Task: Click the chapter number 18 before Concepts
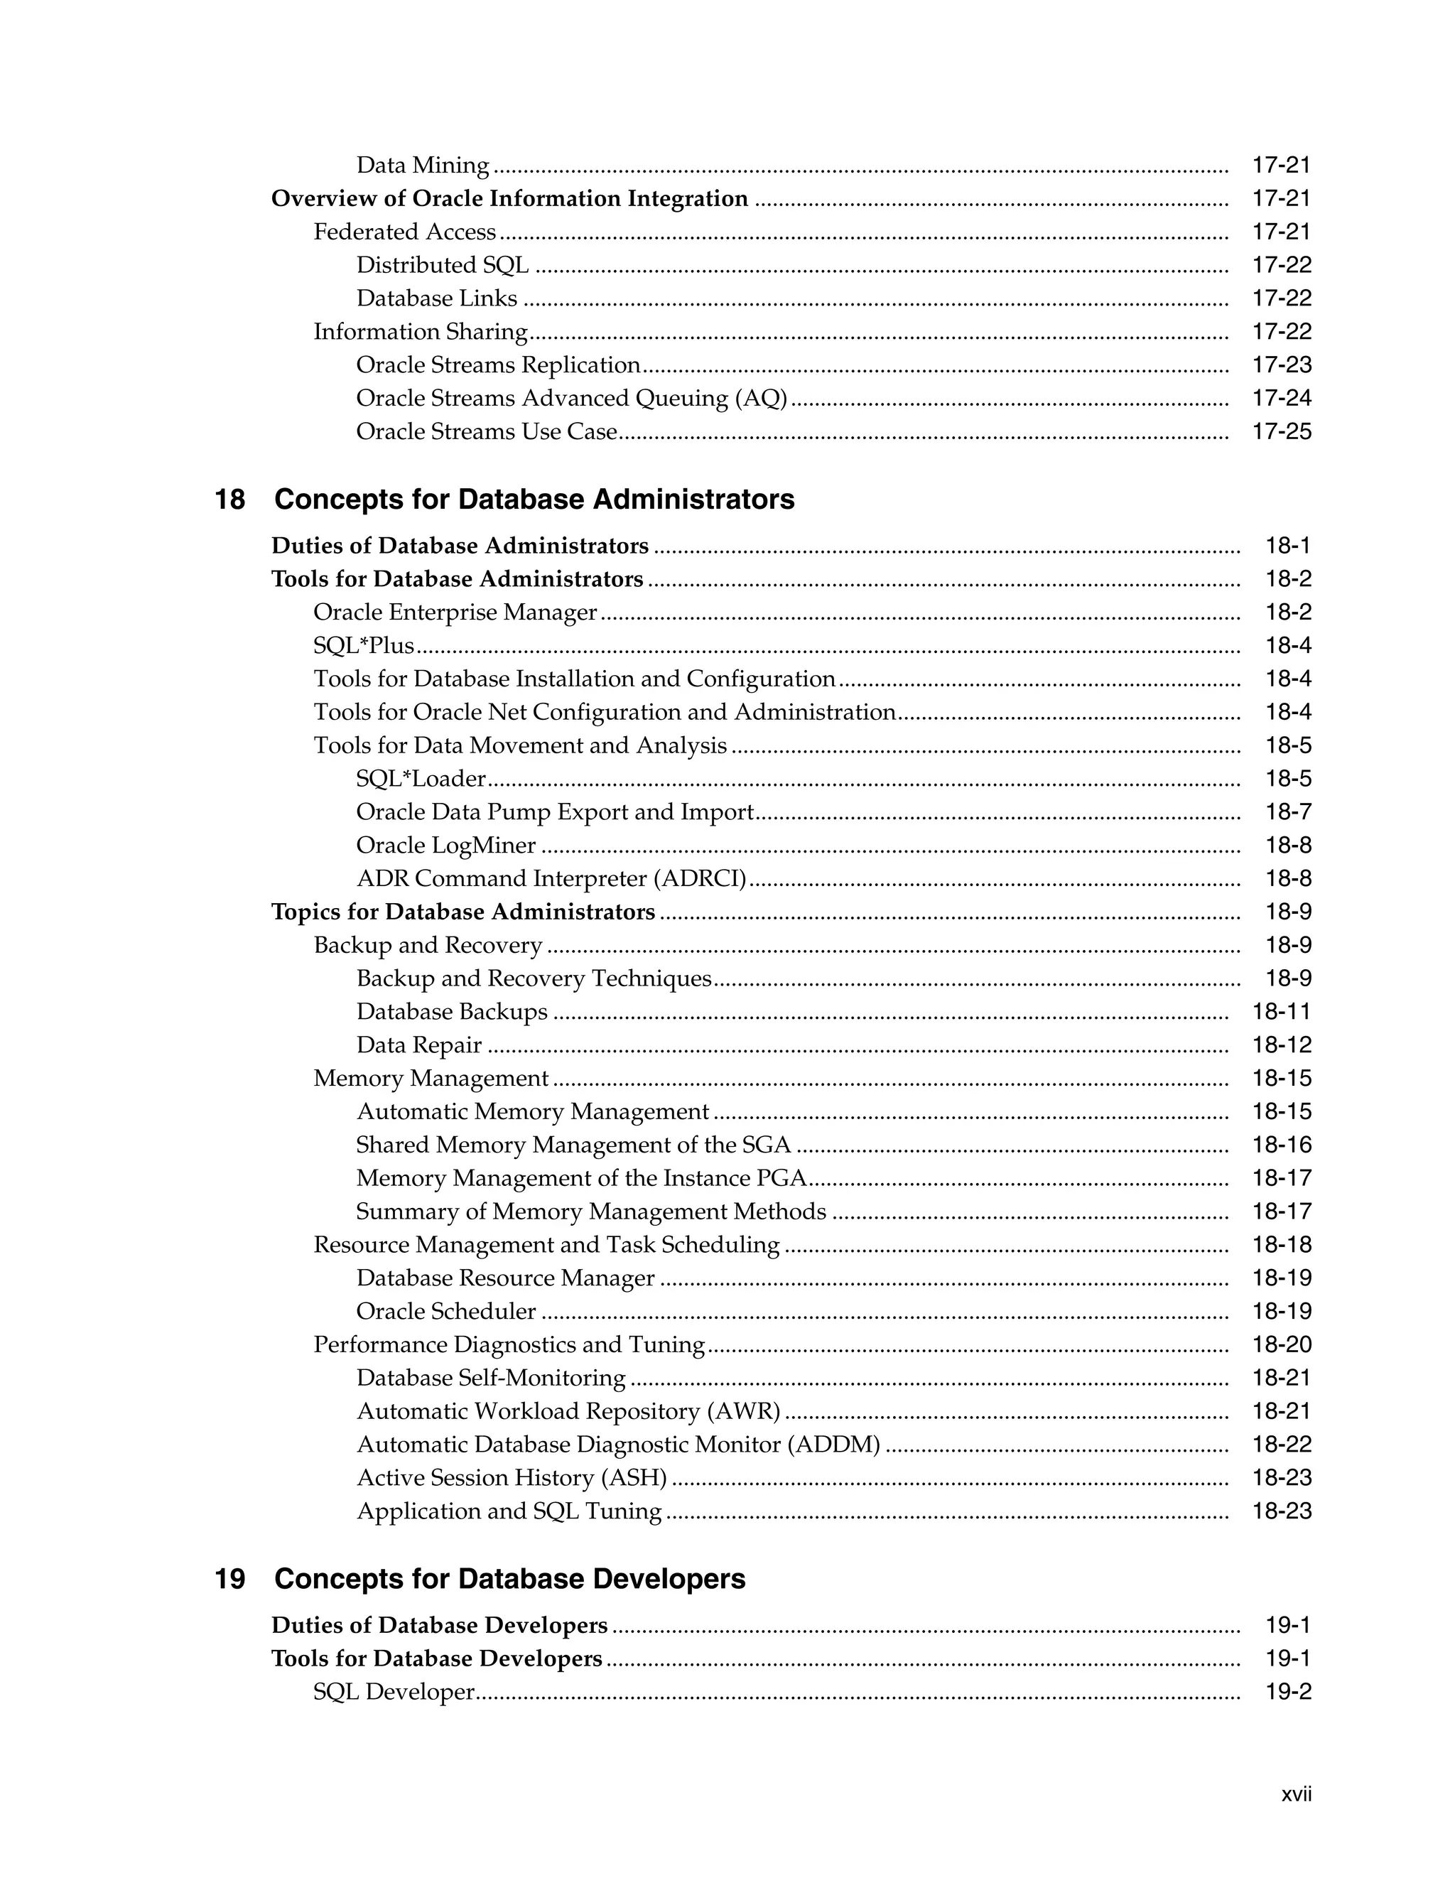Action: (229, 500)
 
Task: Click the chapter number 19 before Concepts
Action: (229, 1579)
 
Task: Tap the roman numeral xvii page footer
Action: (1296, 1794)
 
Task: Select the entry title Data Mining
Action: (423, 165)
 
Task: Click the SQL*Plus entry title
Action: (363, 645)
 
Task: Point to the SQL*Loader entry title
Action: (421, 779)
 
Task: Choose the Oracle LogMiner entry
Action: (445, 845)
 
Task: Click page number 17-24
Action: (1281, 399)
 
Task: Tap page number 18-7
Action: (1288, 812)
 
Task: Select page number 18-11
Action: (1281, 1011)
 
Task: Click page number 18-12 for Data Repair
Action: (1281, 1045)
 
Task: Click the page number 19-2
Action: (1288, 1692)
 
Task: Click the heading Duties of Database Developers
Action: (439, 1625)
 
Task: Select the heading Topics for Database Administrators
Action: (463, 912)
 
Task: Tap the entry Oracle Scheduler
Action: (445, 1312)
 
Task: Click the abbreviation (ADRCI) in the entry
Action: (699, 878)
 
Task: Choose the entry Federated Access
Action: (404, 232)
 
